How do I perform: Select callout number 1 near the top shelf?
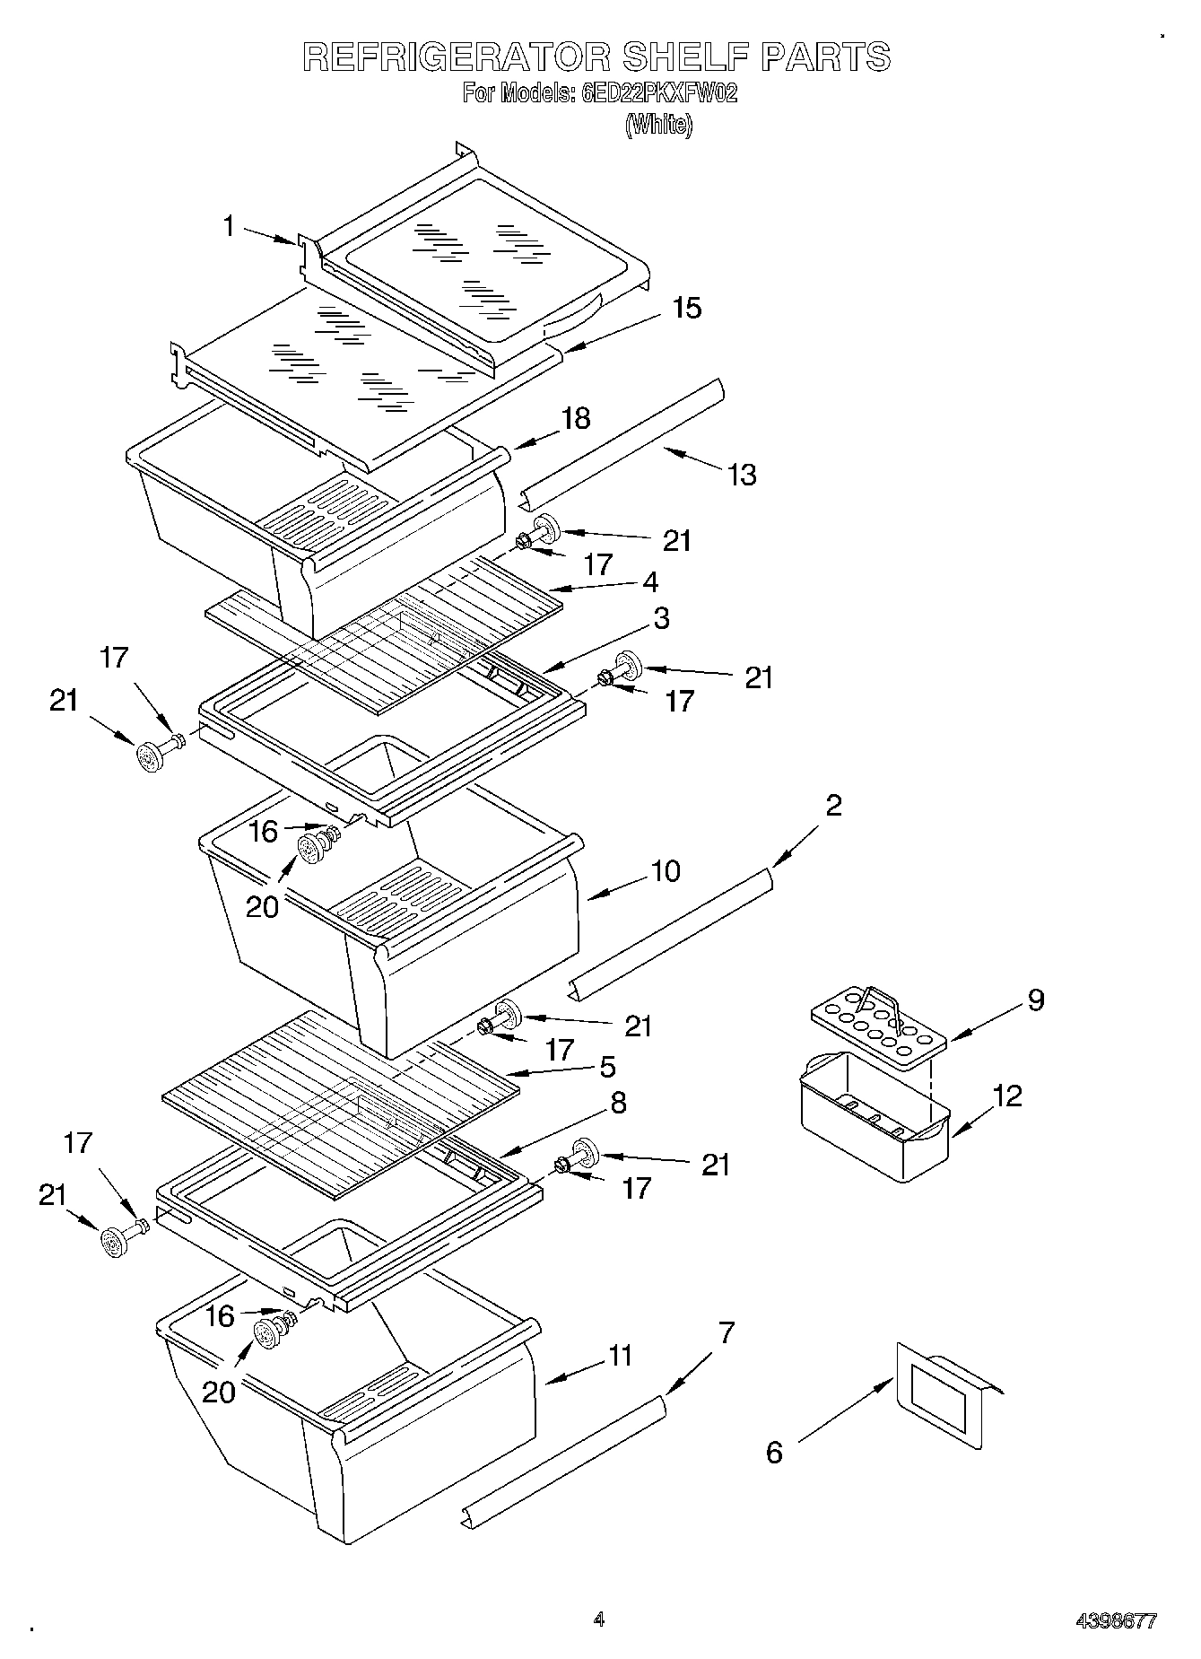tap(230, 226)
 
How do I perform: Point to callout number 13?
tap(742, 474)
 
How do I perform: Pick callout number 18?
tap(577, 418)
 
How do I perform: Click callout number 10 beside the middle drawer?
tap(666, 870)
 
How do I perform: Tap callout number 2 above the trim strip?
tap(833, 805)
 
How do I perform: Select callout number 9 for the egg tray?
tap(1035, 1000)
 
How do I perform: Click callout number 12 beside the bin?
tap(1007, 1096)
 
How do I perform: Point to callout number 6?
tap(774, 1452)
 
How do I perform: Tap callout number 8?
tap(618, 1103)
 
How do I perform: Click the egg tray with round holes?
tap(879, 1027)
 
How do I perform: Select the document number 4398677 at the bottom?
tap(1116, 1621)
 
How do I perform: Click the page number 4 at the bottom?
tap(598, 1620)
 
